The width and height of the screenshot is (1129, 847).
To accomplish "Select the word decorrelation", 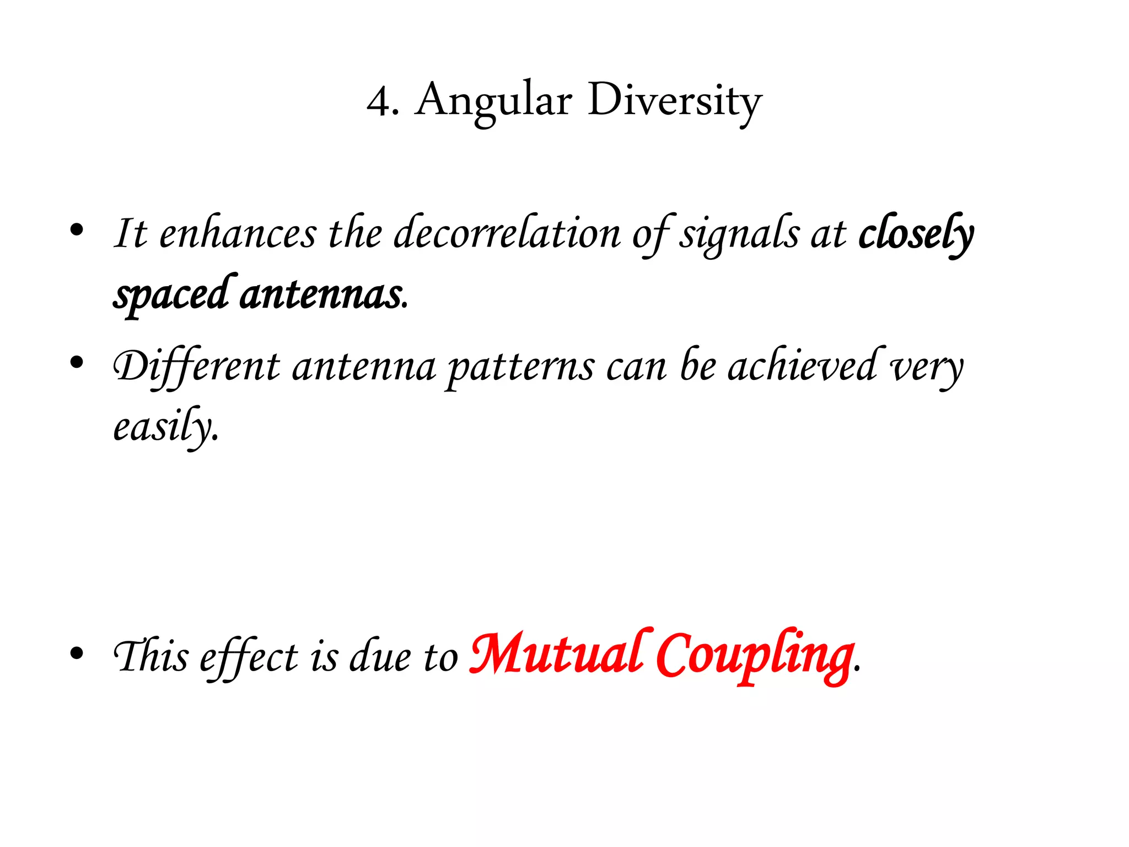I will tap(507, 233).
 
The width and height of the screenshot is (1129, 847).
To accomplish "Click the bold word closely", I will tap(916, 233).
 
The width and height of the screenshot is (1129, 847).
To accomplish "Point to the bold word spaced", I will tap(171, 294).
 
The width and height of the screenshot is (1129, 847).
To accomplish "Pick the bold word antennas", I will tap(321, 294).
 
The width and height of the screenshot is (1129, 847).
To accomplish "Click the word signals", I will tap(739, 233).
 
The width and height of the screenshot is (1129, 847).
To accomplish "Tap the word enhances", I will tap(238, 233).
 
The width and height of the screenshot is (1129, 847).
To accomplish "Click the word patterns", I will tap(520, 366).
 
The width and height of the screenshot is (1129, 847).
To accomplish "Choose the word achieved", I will tap(803, 366).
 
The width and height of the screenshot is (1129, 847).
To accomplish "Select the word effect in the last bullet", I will tap(249, 657).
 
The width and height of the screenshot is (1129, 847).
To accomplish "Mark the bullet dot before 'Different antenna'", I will tap(77, 362).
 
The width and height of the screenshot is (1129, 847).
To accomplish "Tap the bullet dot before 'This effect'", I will tap(77, 653).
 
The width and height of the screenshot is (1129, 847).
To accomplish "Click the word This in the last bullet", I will tap(150, 656).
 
